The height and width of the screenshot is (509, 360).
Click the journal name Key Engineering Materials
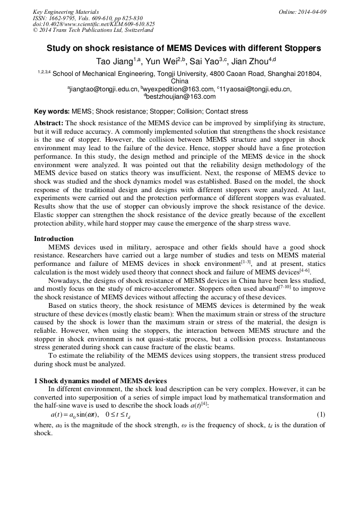click(66, 12)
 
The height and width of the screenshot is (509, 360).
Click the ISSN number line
click(83, 18)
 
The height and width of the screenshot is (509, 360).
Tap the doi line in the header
click(94, 24)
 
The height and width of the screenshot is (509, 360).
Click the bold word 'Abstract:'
click(49, 123)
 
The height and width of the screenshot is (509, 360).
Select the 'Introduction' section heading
click(54, 239)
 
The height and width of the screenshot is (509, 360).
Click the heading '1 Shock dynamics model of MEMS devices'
click(100, 381)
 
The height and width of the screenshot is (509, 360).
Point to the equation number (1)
click(321, 414)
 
